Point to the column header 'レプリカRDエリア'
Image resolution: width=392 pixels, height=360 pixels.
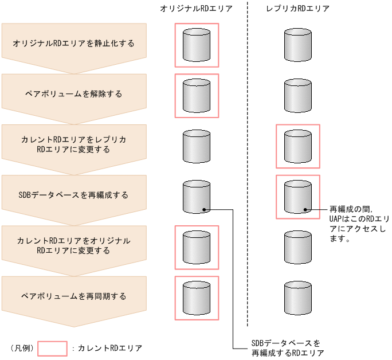point(298,9)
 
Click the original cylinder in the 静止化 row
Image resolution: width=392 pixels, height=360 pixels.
point(197,45)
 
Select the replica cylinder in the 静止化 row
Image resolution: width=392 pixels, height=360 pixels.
point(298,45)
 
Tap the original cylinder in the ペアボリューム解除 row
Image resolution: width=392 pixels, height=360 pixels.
point(197,95)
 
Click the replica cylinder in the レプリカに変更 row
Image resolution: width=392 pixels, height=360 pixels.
point(298,146)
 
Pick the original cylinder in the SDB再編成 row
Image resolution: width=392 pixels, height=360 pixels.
point(197,197)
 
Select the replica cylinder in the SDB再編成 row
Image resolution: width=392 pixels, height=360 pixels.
point(298,197)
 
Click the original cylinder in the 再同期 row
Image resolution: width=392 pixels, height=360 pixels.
point(197,298)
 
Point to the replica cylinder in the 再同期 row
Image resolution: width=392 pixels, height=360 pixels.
point(298,298)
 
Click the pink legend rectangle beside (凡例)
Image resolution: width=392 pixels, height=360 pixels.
point(53,348)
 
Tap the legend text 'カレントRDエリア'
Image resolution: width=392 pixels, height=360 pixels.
point(109,348)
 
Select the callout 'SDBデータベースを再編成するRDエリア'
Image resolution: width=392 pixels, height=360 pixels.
point(287,348)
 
